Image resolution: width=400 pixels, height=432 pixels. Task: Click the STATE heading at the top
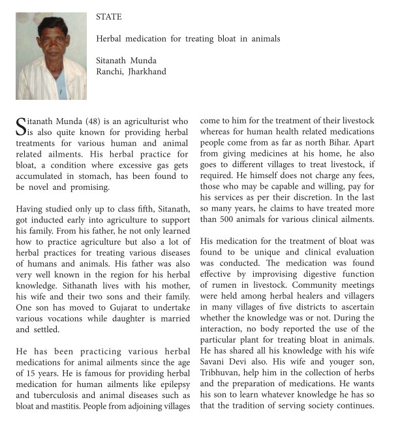108,16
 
